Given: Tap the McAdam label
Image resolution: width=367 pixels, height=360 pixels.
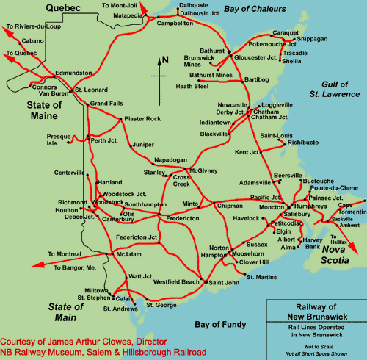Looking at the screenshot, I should tap(128, 254).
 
